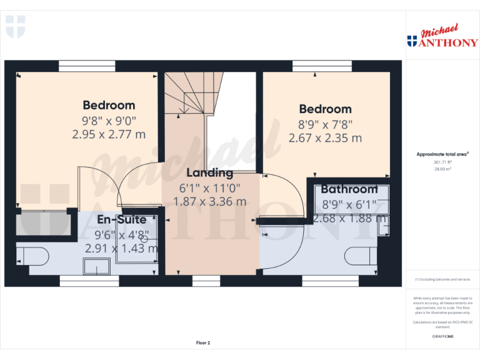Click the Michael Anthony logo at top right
[442, 37]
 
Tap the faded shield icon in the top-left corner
[15, 26]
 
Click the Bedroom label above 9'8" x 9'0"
[109, 105]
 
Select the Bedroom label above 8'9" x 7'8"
[325, 109]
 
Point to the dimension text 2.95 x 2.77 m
[109, 134]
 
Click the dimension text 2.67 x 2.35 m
[325, 138]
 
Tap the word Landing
[210, 173]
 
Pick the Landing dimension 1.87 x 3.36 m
[210, 201]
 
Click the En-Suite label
[122, 220]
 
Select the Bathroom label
[349, 189]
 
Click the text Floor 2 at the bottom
[203, 343]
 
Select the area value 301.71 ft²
[442, 161]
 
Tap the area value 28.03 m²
[442, 167]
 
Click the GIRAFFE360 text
[442, 337]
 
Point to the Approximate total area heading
[442, 154]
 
